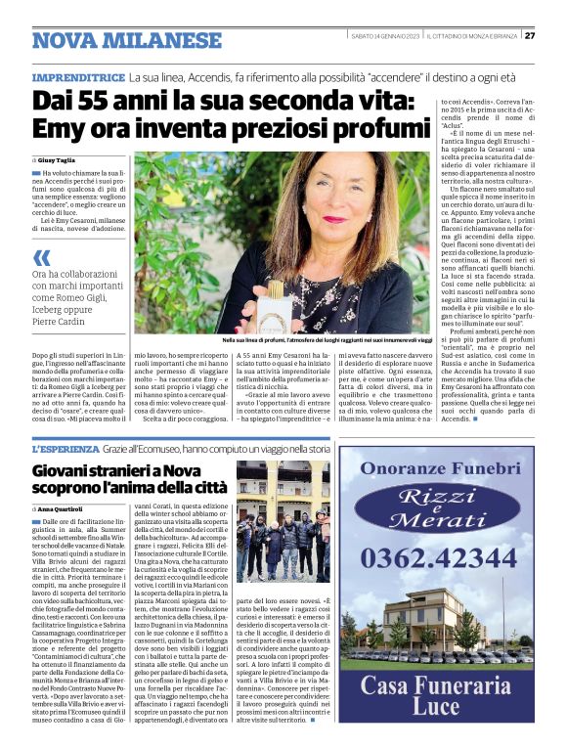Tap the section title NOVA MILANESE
[x=126, y=40]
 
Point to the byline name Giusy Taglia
[x=61, y=158]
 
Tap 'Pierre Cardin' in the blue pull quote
[x=61, y=319]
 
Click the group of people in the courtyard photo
[x=283, y=537]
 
